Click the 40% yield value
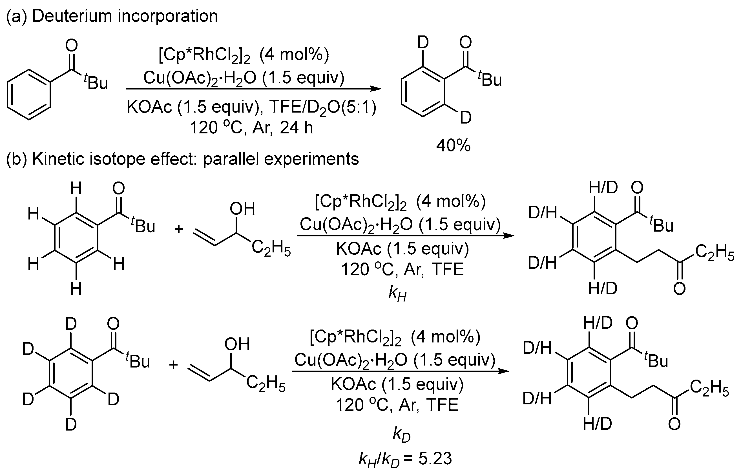453,145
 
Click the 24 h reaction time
296,127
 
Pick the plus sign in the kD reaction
173,365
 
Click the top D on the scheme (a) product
423,42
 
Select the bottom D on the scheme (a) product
465,118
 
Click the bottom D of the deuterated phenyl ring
71,425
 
